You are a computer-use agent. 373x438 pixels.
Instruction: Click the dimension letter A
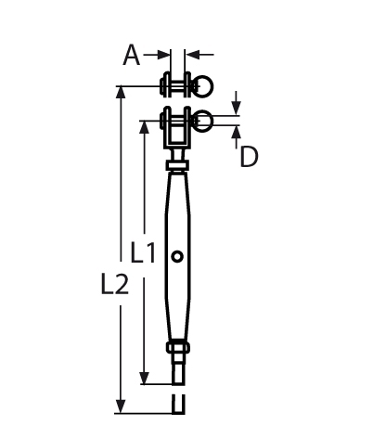coord(133,57)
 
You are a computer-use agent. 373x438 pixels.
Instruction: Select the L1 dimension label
coord(142,252)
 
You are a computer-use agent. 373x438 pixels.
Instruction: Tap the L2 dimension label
coord(114,288)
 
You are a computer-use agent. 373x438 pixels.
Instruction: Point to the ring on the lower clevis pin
coord(203,120)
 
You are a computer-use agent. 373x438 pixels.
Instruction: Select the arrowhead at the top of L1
coord(144,125)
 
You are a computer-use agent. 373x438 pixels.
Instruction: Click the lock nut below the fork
coord(176,166)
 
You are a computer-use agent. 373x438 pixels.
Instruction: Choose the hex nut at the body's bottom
coord(177,349)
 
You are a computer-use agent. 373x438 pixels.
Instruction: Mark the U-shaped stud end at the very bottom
coord(177,404)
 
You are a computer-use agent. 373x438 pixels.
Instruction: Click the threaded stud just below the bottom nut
coord(177,368)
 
